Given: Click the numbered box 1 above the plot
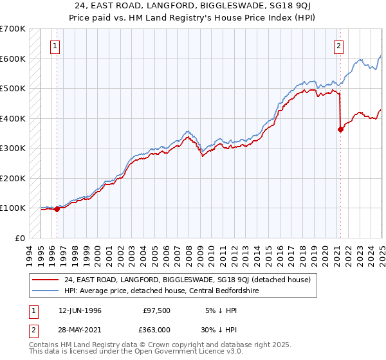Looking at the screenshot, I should [x=56, y=46].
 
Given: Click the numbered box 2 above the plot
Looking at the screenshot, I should [x=339, y=46].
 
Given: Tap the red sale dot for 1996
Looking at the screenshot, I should [x=57, y=208].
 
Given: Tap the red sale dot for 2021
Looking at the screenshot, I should [x=340, y=129].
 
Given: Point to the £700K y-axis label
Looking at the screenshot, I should [x=13, y=29].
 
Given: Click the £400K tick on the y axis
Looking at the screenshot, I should [x=13, y=118].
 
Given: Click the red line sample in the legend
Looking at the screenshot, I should [x=45, y=280].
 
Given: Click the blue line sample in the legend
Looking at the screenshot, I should [x=45, y=291].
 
